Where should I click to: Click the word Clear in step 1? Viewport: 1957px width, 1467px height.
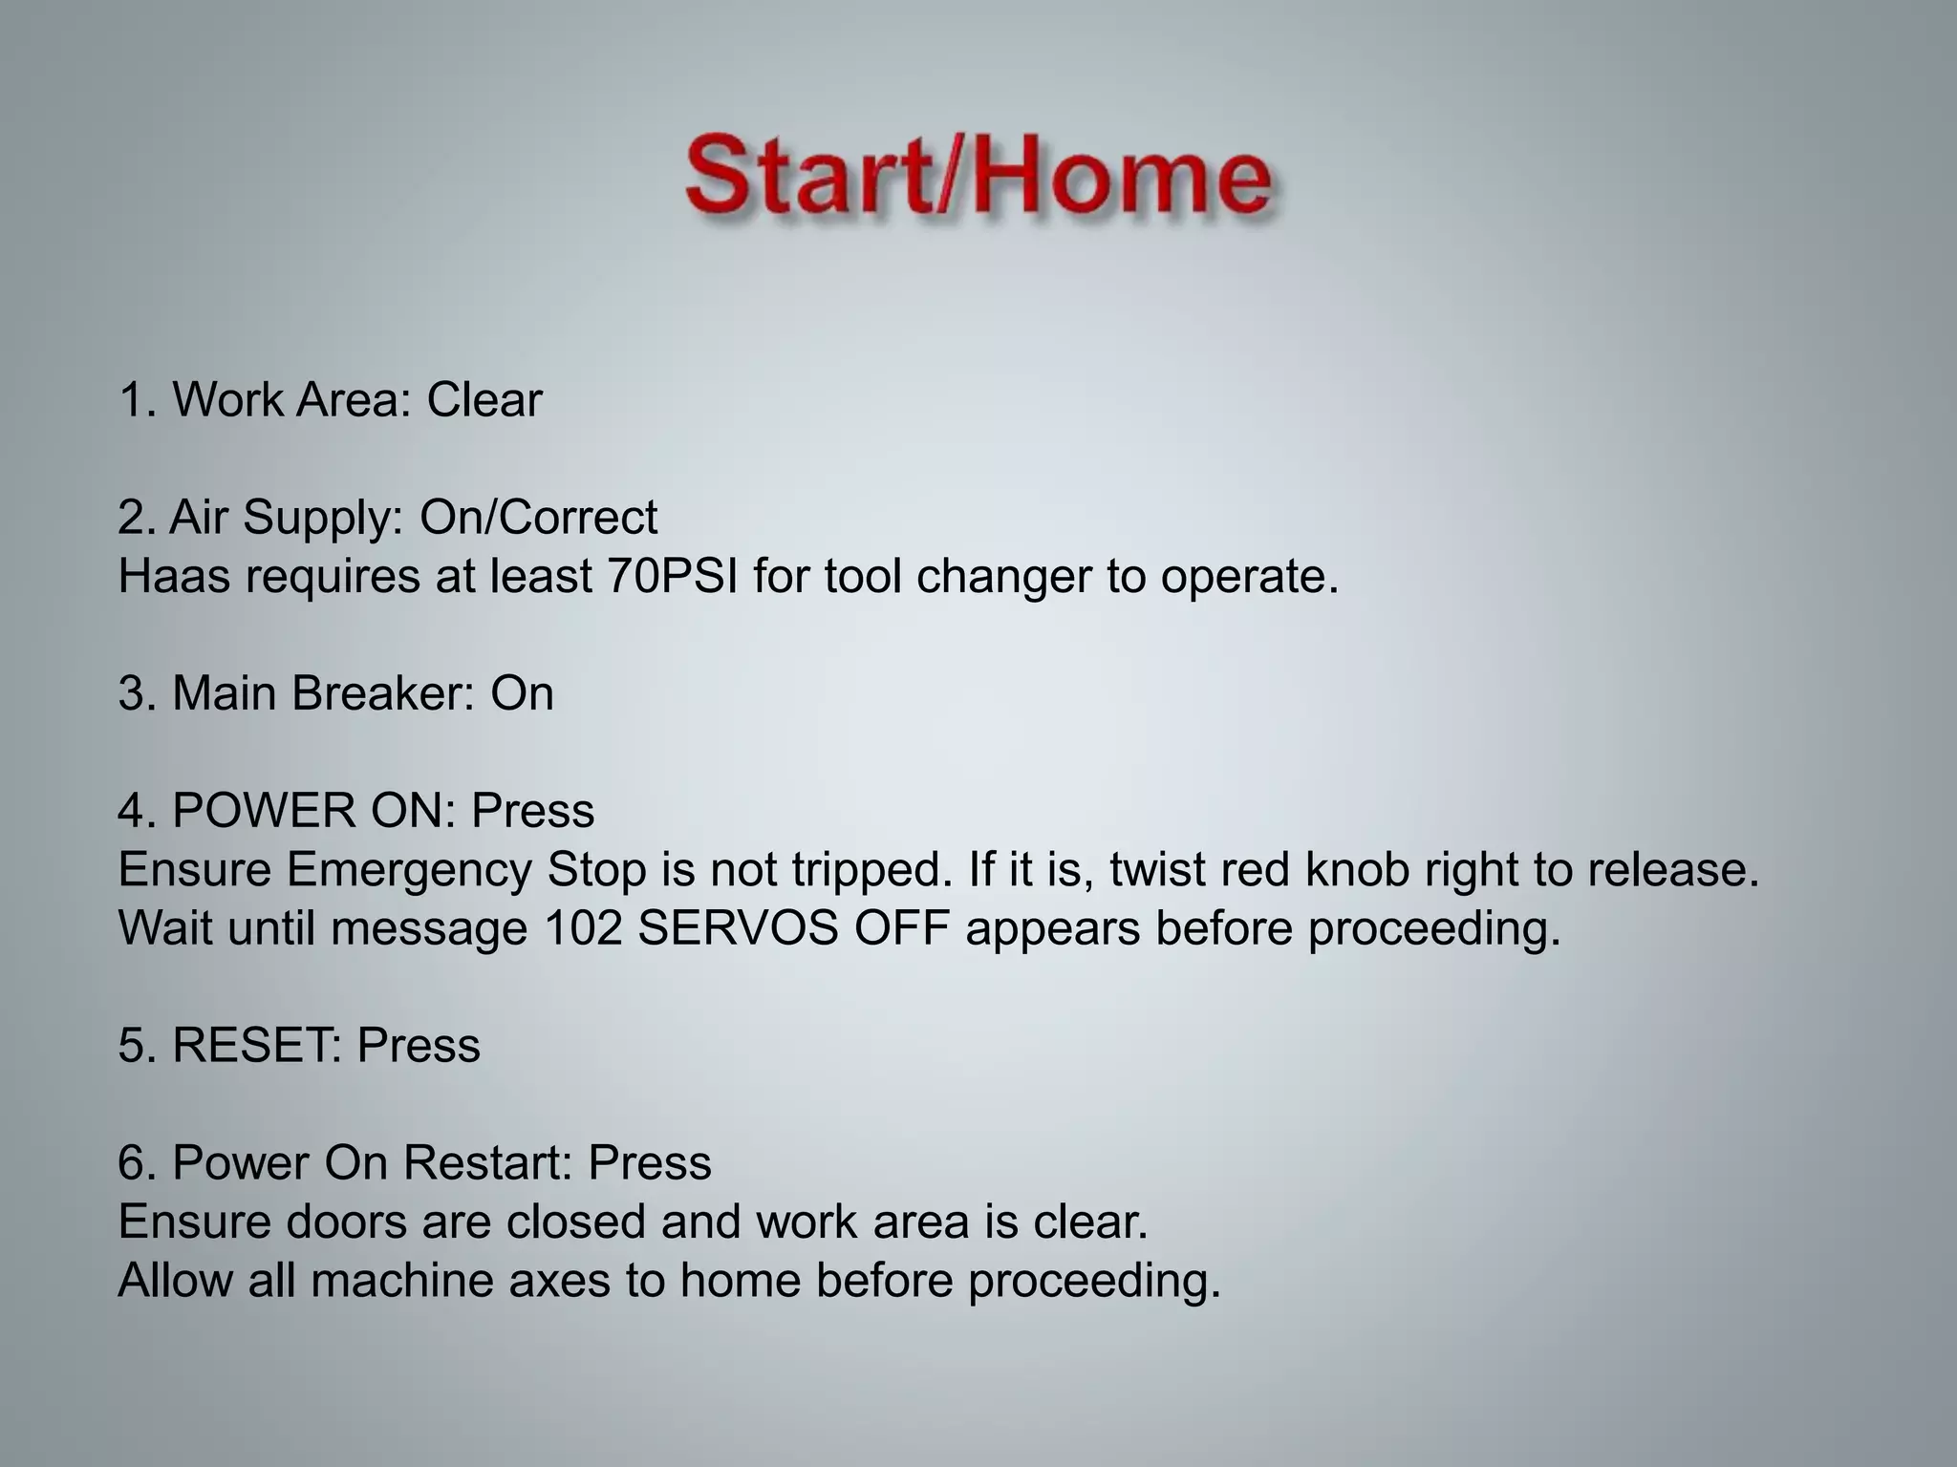pyautogui.click(x=484, y=399)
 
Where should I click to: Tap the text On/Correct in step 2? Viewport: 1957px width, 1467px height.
pyautogui.click(x=538, y=518)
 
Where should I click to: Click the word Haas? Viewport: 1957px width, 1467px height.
pyautogui.click(x=173, y=577)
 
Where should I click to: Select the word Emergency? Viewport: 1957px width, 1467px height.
pyautogui.click(x=409, y=870)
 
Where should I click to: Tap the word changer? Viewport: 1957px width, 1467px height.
pyautogui.click(x=1003, y=577)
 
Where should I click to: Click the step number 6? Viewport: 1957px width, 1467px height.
pyautogui.click(x=132, y=1163)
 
